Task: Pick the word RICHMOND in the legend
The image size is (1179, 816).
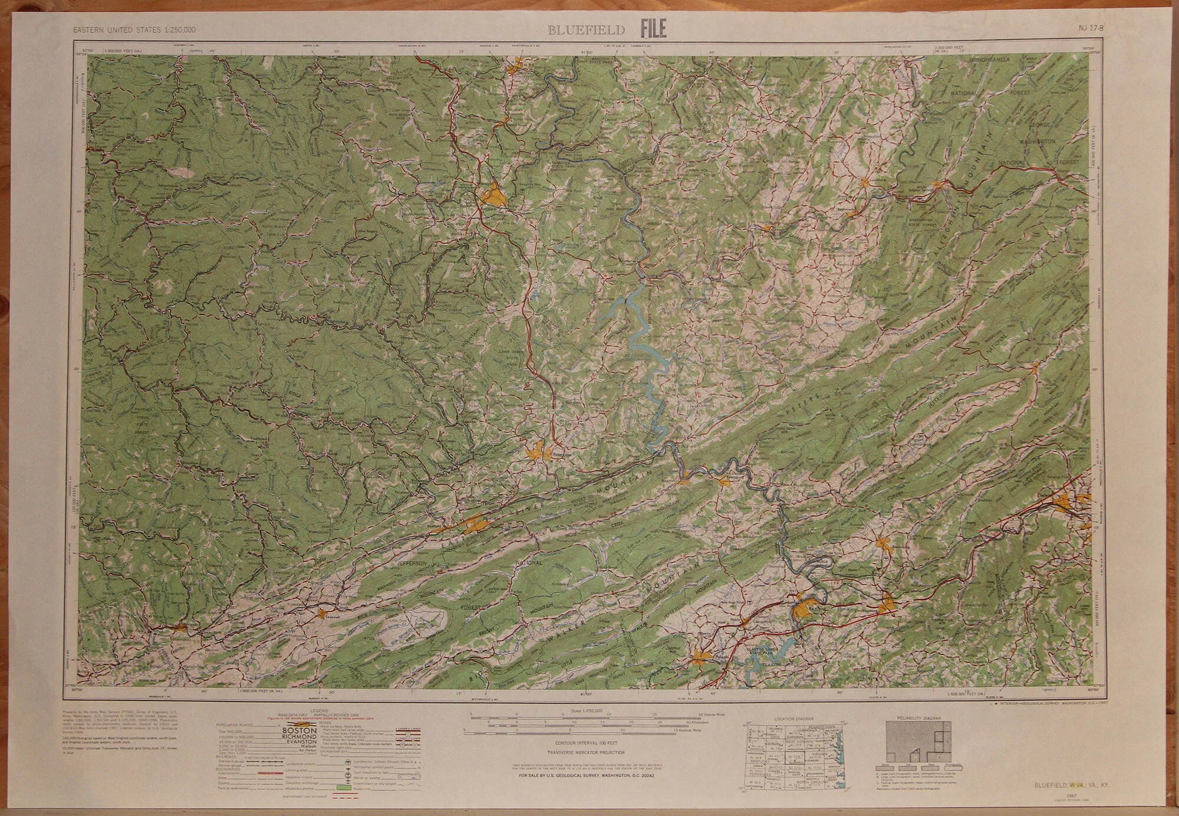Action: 301,736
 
